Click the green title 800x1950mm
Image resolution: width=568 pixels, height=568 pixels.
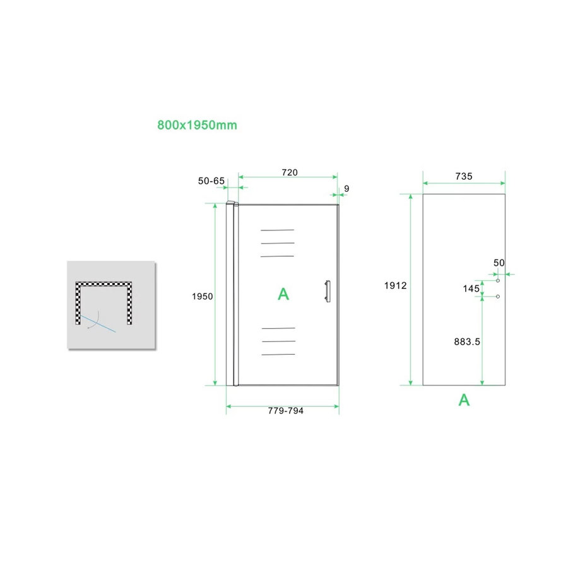(x=197, y=125)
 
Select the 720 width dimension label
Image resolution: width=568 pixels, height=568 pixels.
(x=289, y=172)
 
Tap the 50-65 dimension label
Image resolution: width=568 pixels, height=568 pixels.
(x=211, y=180)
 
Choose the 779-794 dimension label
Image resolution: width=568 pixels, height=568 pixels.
(x=286, y=410)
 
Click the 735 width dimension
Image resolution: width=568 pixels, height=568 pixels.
(x=464, y=176)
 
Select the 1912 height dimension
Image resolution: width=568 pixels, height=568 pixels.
(x=395, y=285)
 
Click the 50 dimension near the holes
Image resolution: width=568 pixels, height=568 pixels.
(x=500, y=262)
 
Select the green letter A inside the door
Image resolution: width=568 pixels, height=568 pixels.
(x=283, y=293)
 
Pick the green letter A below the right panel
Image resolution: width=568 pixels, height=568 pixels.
(x=464, y=399)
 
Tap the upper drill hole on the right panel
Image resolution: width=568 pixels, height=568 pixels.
(x=498, y=281)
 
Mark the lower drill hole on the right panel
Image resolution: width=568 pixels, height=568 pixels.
(x=498, y=297)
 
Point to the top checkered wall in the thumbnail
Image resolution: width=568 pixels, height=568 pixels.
(x=105, y=284)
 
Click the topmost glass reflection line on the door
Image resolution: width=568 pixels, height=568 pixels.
(x=277, y=230)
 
